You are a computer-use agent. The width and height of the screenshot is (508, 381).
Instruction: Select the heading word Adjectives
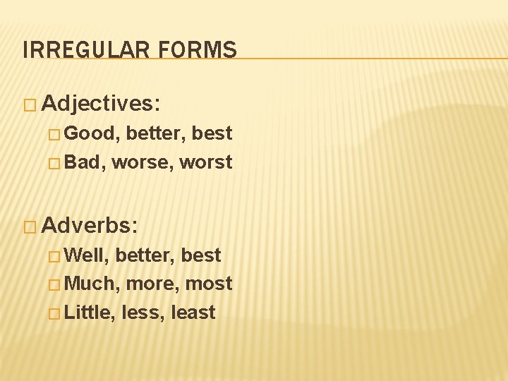tap(101, 104)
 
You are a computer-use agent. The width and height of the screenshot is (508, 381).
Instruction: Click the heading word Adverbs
tap(90, 226)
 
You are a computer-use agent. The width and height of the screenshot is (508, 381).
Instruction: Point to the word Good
tap(92, 134)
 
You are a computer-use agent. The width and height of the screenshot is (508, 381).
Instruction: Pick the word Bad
tap(85, 162)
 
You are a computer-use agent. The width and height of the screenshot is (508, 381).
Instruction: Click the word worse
tap(143, 163)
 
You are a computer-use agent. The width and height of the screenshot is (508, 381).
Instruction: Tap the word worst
tap(206, 163)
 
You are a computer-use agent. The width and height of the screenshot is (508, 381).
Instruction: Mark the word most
tap(210, 284)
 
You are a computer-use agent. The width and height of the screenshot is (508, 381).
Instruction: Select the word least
tap(193, 313)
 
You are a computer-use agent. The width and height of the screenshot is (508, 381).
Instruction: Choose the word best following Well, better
tap(201, 255)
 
